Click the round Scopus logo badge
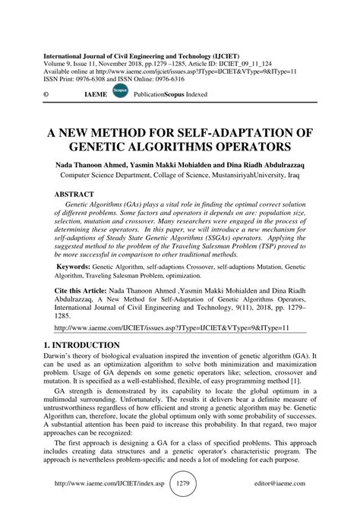click(x=118, y=92)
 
